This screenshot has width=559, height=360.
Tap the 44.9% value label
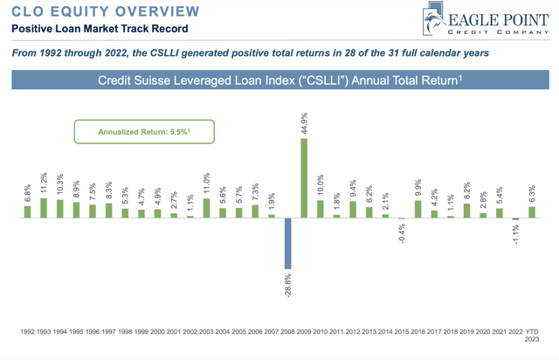[304, 126]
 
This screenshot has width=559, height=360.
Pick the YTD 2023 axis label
[532, 336]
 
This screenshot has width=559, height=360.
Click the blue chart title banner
[279, 83]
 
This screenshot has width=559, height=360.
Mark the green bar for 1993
[44, 207]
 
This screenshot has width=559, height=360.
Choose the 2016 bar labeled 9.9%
[418, 210]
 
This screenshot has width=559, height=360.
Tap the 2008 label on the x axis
[287, 332]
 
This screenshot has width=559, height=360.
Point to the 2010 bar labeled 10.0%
[320, 209]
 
